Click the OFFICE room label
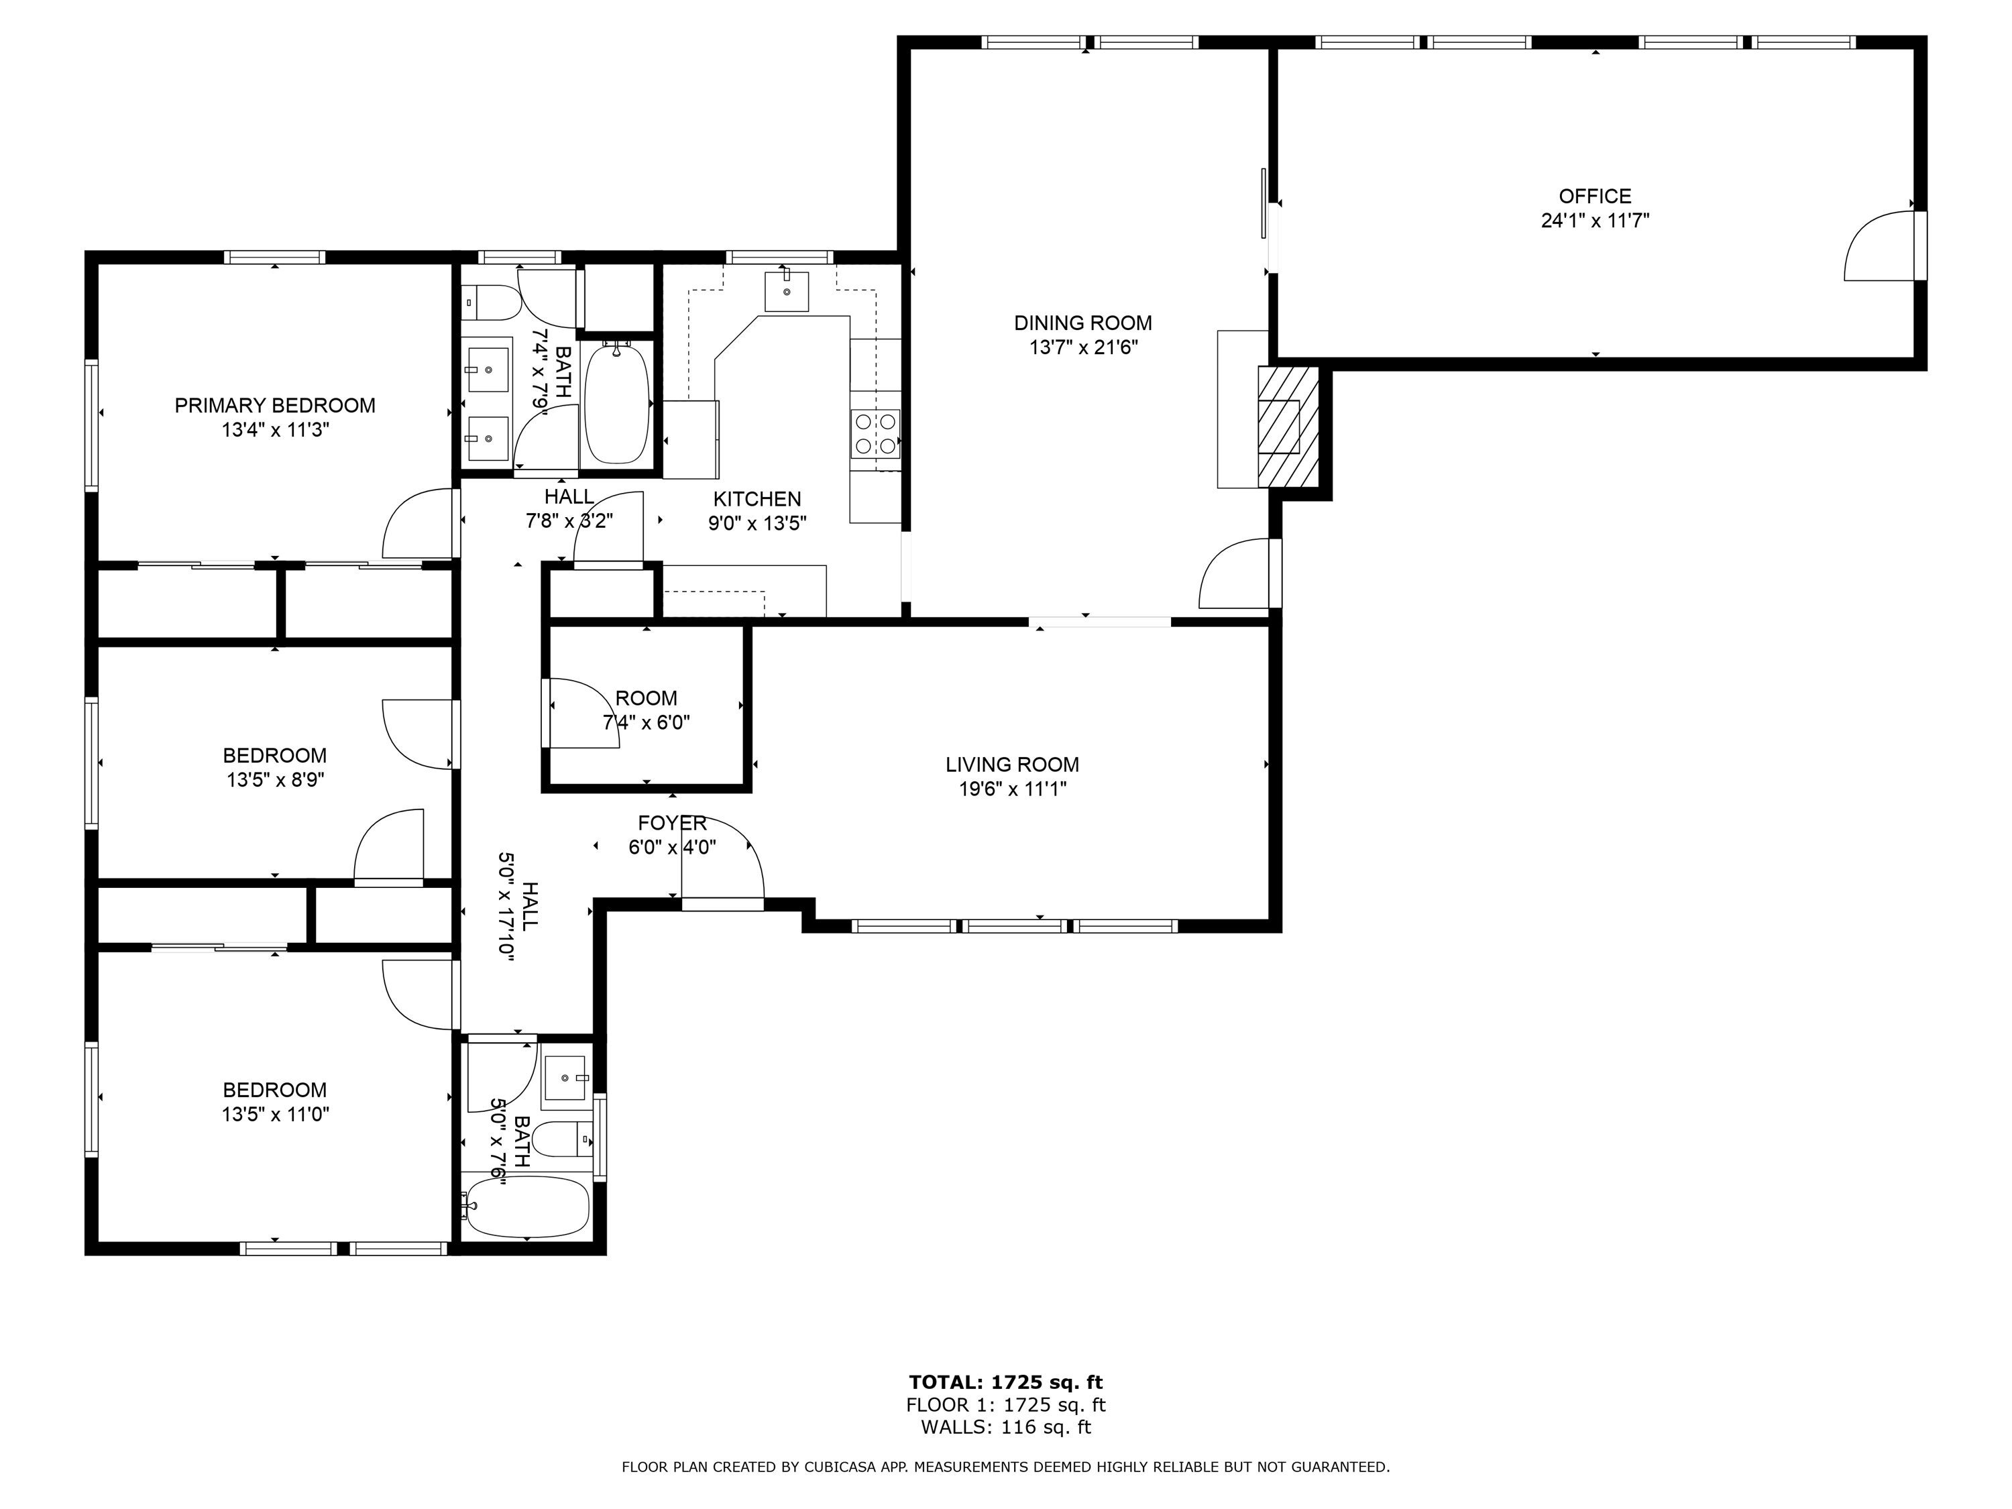[x=1594, y=196]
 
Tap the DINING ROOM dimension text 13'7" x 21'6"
[x=1083, y=347]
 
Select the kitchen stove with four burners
[x=875, y=433]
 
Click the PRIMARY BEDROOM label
[x=275, y=406]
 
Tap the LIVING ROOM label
[x=1012, y=765]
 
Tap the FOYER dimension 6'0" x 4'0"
[x=672, y=848]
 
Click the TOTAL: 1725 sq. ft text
[x=1006, y=1382]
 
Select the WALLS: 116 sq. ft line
[x=1006, y=1427]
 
